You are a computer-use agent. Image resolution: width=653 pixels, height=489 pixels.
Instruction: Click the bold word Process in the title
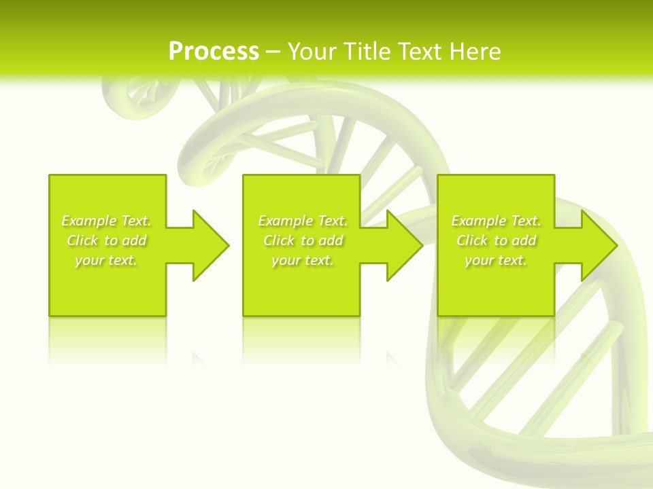point(214,52)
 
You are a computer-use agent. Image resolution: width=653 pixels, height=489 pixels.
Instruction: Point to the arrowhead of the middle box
point(403,245)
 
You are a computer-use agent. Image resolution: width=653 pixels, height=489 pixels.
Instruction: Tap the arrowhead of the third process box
point(598,245)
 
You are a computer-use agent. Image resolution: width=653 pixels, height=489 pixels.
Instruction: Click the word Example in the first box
point(89,221)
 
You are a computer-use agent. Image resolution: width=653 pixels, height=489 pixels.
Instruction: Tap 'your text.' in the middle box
point(303,260)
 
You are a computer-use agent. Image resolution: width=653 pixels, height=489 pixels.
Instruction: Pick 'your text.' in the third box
point(496,260)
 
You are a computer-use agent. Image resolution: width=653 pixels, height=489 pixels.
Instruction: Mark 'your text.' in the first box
point(106,260)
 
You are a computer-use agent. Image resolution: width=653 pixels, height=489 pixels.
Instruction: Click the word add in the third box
point(524,240)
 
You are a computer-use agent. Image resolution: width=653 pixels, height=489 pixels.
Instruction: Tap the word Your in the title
point(311,52)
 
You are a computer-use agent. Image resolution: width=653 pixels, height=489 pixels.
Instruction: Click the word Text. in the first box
point(136,221)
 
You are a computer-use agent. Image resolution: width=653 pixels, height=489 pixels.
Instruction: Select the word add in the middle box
point(331,240)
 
